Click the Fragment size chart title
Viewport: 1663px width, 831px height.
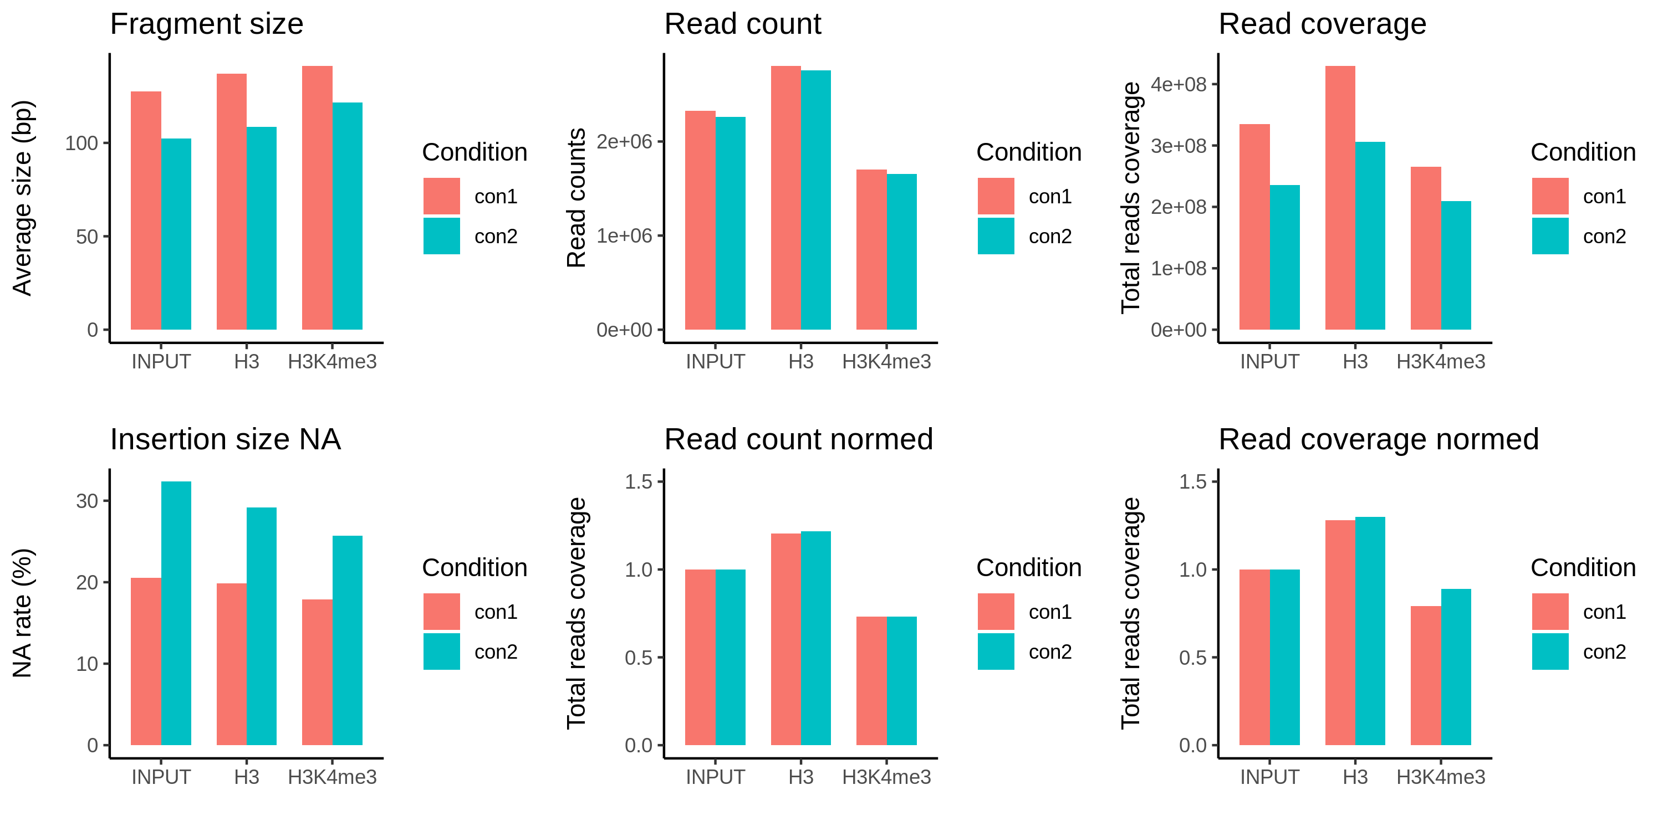click(x=207, y=24)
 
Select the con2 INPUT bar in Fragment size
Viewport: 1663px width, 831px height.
click(x=176, y=234)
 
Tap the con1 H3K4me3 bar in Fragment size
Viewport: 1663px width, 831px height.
click(x=317, y=197)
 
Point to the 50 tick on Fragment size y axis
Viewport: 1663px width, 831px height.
click(x=86, y=237)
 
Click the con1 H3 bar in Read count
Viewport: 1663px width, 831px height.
click(x=785, y=197)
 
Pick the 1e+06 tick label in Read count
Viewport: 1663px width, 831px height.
click(x=624, y=235)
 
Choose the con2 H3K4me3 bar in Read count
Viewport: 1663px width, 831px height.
click(x=901, y=252)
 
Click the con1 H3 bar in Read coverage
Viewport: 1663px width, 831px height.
click(x=1340, y=197)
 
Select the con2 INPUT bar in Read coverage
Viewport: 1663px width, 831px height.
click(x=1285, y=258)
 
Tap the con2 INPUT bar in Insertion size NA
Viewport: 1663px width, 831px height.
click(x=176, y=613)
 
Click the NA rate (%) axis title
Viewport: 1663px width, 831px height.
click(x=23, y=613)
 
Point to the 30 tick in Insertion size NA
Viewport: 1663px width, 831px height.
click(x=86, y=501)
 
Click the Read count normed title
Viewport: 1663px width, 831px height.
click(x=799, y=440)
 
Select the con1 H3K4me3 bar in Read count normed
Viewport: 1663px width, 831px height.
click(x=871, y=681)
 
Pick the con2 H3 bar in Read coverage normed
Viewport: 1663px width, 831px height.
click(x=1370, y=631)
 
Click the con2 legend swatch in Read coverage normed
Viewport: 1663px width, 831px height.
click(x=1550, y=652)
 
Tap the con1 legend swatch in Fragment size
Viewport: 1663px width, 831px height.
click(x=442, y=196)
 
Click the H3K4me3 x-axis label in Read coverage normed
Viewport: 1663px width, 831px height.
click(x=1441, y=777)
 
